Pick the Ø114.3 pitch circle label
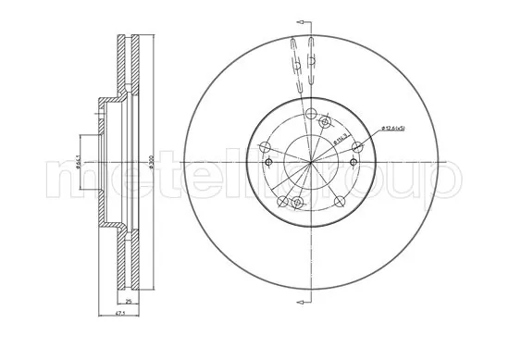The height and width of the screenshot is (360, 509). (340, 138)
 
